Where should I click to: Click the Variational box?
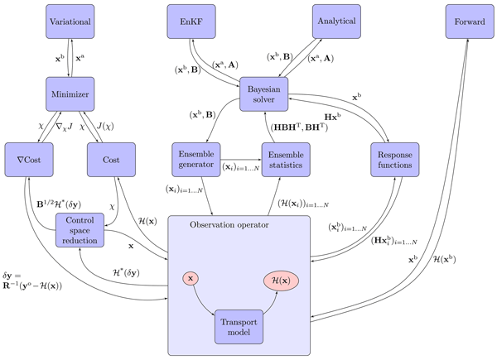70,21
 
